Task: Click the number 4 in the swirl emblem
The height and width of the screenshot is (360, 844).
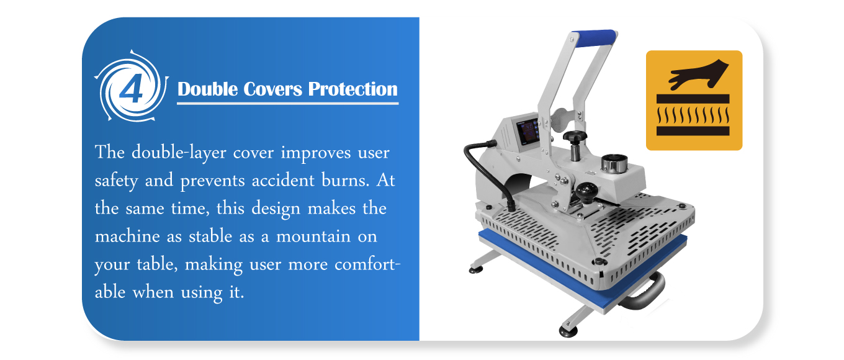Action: coord(131,88)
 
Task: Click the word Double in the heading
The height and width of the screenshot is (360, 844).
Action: coord(208,90)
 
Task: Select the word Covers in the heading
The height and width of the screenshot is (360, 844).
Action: coord(273,90)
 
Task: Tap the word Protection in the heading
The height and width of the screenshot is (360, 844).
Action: coord(352,90)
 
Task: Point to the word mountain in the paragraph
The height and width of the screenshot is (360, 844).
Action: coord(313,236)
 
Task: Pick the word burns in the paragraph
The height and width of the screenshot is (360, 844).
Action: coord(345,180)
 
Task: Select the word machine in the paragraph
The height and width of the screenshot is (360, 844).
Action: coord(127,236)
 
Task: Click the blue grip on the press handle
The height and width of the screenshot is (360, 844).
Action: coord(594,38)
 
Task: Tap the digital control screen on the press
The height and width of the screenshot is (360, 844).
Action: coord(527,131)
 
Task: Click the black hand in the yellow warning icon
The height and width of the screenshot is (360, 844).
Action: coord(699,74)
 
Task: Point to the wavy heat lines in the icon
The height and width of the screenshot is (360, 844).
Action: coord(693,115)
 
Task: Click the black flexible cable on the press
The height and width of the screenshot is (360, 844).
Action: coord(488,171)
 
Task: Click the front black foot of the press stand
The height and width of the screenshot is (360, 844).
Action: coord(568,331)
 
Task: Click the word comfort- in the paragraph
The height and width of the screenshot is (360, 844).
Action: coord(367,264)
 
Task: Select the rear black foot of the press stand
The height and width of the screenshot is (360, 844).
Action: coord(476,269)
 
